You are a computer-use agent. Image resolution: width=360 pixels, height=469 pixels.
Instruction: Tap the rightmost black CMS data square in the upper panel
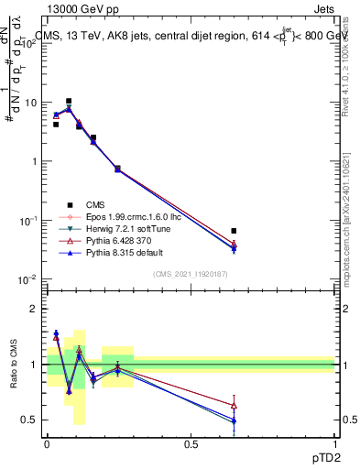click(x=234, y=231)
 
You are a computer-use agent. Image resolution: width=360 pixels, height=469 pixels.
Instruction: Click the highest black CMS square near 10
click(x=69, y=101)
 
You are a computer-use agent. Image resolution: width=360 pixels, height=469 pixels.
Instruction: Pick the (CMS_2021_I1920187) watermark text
click(x=191, y=274)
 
